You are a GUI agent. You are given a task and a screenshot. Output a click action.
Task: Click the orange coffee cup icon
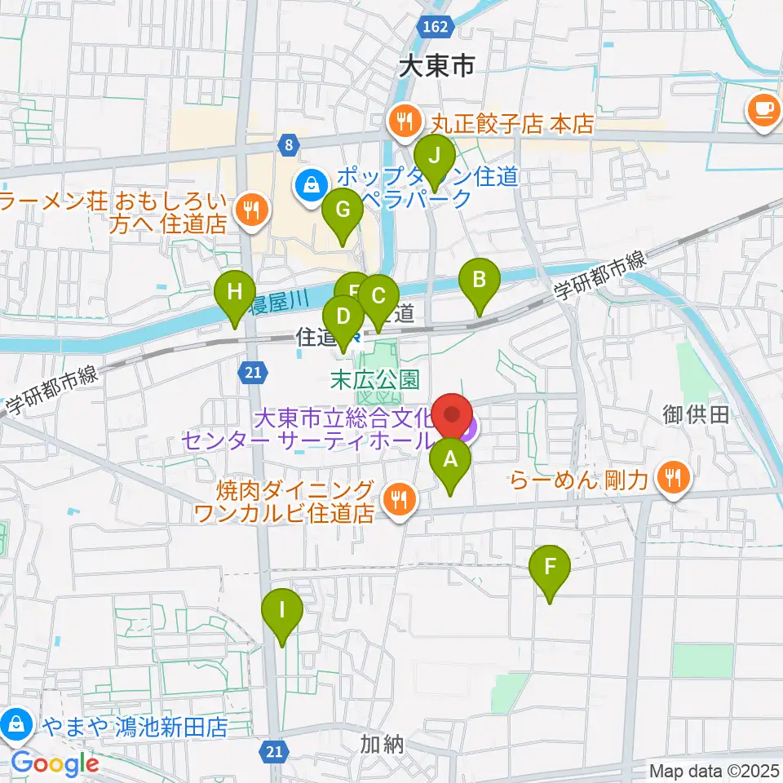pos(765,108)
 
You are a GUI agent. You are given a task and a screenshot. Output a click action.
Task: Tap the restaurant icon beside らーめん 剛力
pos(673,478)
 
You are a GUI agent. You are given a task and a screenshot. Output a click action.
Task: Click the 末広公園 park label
pos(374,378)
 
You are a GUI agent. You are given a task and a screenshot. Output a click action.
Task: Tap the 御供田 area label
pos(696,415)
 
